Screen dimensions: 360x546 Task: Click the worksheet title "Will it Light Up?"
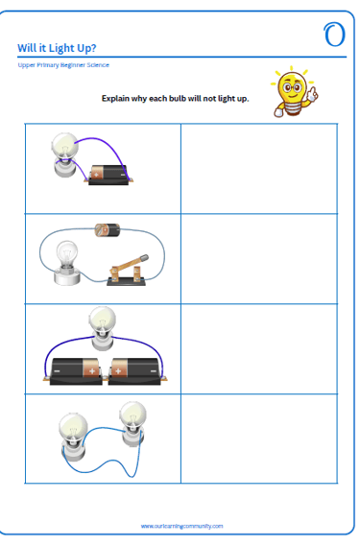[57, 48]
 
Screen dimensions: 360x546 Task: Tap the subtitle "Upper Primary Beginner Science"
[63, 65]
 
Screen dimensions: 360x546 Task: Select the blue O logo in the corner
[334, 35]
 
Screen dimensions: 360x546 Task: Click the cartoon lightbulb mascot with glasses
[294, 91]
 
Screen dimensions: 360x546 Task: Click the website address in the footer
[181, 526]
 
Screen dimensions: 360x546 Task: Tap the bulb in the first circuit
[65, 154]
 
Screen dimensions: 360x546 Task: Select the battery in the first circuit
[108, 175]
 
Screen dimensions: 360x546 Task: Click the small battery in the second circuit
[108, 230]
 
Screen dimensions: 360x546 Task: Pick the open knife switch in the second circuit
[129, 272]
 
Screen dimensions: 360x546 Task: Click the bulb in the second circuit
[67, 262]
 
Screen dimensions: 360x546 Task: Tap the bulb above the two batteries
[102, 328]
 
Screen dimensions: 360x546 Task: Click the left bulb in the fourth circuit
[73, 437]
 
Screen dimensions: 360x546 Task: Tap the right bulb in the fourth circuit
[132, 423]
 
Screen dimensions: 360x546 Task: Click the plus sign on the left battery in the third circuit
[92, 371]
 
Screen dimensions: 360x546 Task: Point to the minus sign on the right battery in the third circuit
[154, 371]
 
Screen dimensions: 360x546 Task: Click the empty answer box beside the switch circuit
[259, 259]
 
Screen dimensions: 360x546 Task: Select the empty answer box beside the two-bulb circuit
[259, 439]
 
